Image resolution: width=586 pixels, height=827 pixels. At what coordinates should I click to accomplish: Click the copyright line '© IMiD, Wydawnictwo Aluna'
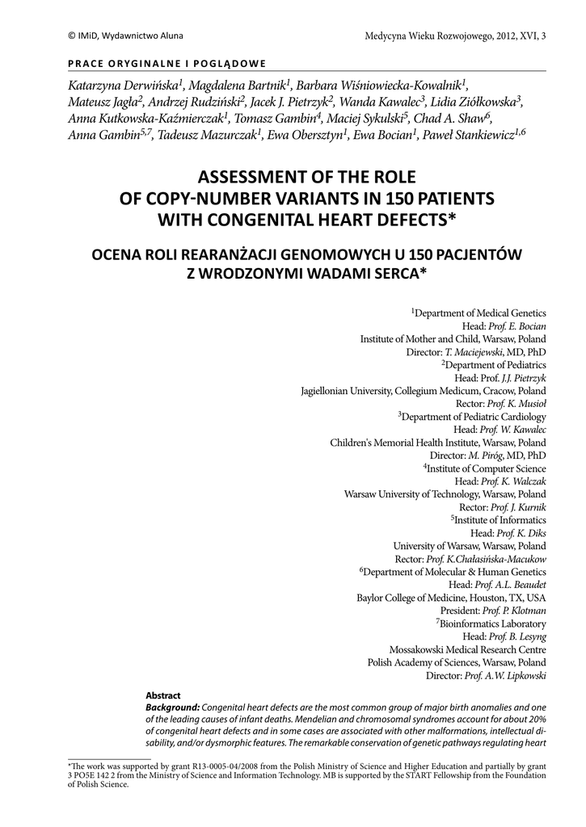114,36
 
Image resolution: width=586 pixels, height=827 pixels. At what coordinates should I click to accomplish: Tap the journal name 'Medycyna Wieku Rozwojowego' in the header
426,36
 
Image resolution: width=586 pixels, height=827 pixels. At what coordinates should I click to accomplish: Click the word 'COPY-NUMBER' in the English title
201,198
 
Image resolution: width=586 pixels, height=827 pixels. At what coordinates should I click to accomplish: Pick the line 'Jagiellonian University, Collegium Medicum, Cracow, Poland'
423,391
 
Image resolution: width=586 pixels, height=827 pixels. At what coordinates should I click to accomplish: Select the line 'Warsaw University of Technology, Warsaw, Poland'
445,493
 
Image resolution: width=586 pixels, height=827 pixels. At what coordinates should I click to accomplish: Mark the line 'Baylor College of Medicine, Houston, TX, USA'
451,598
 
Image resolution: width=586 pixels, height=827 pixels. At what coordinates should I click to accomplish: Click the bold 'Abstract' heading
162,695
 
